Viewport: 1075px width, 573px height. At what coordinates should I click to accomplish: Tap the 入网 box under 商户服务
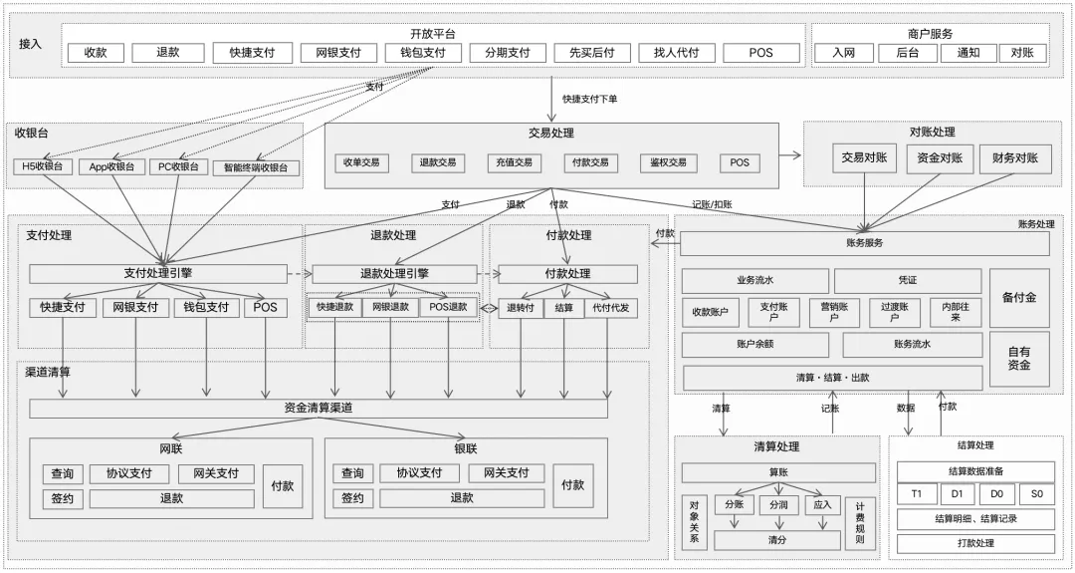[x=845, y=54]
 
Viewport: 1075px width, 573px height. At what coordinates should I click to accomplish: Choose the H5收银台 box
[x=43, y=167]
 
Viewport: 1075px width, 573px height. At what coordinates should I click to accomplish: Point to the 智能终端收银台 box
[x=255, y=168]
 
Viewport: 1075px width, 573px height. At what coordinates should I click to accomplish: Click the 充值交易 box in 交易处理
[x=515, y=162]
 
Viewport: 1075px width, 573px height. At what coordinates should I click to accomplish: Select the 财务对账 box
[x=1014, y=158]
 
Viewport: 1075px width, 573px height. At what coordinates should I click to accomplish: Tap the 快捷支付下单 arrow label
[x=589, y=100]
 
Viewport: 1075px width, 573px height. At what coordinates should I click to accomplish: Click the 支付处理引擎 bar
[x=157, y=273]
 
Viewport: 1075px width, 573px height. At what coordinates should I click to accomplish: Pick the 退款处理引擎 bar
[x=394, y=274]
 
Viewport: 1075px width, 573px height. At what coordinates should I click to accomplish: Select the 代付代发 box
[x=610, y=308]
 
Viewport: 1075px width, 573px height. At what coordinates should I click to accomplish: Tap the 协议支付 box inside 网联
[x=129, y=473]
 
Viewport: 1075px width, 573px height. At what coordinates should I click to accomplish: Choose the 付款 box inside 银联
[x=573, y=485]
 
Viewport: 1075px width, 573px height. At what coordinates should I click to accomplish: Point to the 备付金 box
[x=1018, y=298]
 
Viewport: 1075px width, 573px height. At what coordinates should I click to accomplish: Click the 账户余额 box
[x=753, y=345]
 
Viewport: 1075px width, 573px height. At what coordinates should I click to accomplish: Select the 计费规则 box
[x=860, y=523]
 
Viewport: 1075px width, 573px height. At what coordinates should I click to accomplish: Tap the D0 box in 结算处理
[x=996, y=494]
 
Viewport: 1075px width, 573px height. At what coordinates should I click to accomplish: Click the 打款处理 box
[x=974, y=544]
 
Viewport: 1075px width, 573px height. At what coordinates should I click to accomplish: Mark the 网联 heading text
[x=171, y=449]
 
